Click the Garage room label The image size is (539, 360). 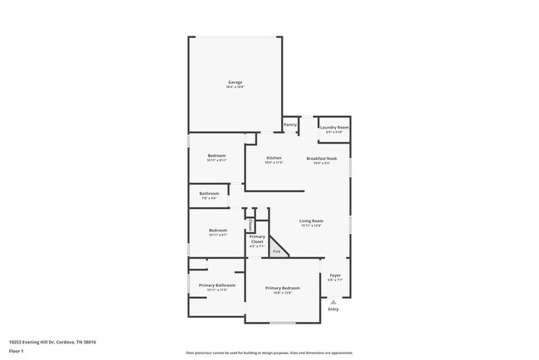click(x=236, y=82)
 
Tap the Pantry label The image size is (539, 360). click(x=290, y=124)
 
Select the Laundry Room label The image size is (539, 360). click(x=334, y=128)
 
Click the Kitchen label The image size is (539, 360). click(x=274, y=158)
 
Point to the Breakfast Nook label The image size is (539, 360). click(x=321, y=158)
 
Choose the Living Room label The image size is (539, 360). click(x=310, y=221)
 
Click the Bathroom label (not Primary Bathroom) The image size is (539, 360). click(x=208, y=194)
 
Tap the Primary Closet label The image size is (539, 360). click(x=257, y=240)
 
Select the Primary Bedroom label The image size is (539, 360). click(x=282, y=288)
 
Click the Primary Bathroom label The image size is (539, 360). click(x=217, y=285)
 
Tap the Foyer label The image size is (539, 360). click(x=335, y=275)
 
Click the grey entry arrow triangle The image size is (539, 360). click(x=333, y=302)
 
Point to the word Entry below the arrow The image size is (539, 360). click(x=333, y=309)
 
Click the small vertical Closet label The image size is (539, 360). click(x=250, y=225)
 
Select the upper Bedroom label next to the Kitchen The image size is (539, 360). click(x=217, y=155)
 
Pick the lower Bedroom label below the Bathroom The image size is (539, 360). click(x=217, y=230)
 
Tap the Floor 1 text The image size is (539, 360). click(x=17, y=351)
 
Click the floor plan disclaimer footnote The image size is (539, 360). click(x=269, y=353)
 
